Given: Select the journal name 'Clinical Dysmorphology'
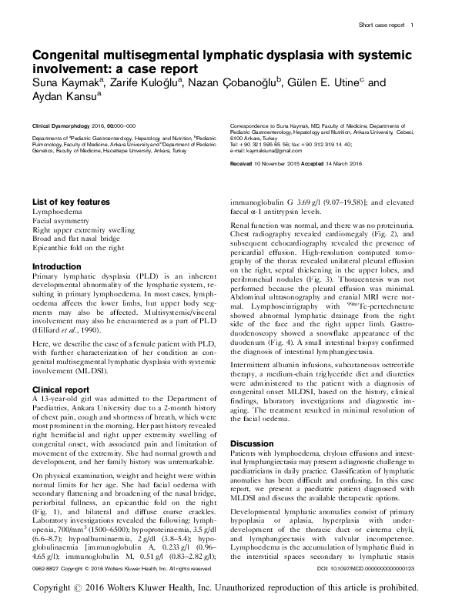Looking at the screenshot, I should pyautogui.click(x=62, y=124).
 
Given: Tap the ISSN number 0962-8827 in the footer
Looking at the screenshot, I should pyautogui.click(x=47, y=568).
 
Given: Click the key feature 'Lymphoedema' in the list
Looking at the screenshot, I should pyautogui.click(x=53, y=210).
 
